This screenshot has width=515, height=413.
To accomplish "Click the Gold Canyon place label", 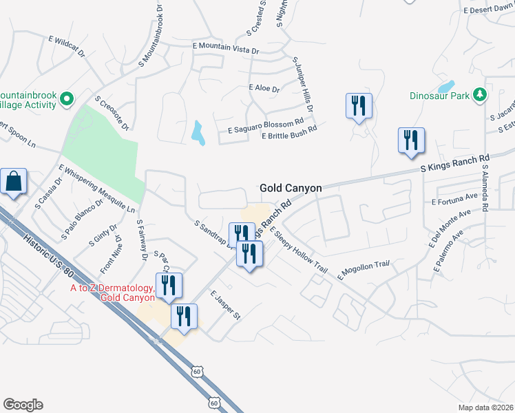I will click(x=291, y=187).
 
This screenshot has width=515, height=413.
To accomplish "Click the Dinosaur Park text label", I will click(x=439, y=96).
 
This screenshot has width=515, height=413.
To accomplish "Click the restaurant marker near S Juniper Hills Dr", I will click(x=358, y=106).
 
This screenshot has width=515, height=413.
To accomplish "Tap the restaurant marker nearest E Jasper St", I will click(x=184, y=317).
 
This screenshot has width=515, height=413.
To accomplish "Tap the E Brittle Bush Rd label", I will click(x=289, y=132).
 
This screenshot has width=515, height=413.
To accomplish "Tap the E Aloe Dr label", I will click(x=264, y=89).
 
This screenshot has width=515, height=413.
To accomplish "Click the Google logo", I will click(x=23, y=405).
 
